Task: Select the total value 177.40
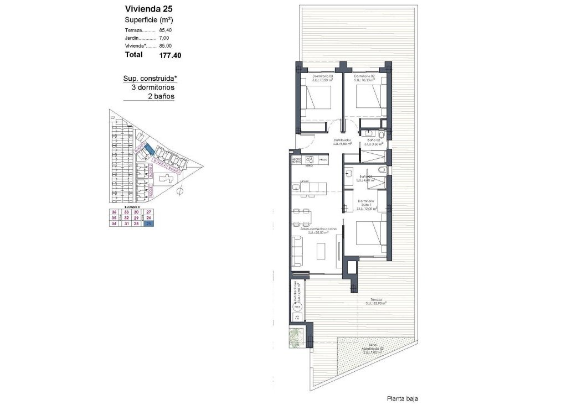click(x=170, y=55)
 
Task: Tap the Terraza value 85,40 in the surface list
click(x=165, y=30)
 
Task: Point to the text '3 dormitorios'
click(x=153, y=87)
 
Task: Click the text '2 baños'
click(x=161, y=96)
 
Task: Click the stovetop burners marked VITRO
click(x=310, y=160)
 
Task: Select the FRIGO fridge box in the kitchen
click(x=323, y=160)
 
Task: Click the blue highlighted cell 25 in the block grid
click(x=148, y=224)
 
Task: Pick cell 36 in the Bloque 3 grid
click(x=115, y=212)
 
